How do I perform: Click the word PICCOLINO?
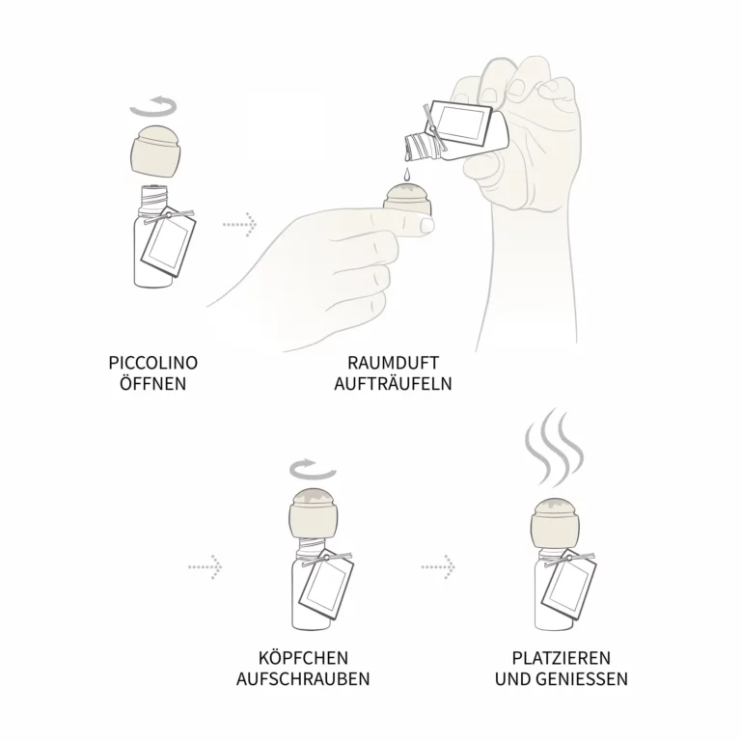coord(153,363)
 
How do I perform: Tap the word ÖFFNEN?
coord(153,383)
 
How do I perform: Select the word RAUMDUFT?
coord(394,363)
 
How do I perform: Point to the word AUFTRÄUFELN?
coord(394,383)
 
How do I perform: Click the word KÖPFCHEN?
coord(303,658)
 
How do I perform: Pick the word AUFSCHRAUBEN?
coord(303,679)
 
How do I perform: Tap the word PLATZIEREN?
coord(562,658)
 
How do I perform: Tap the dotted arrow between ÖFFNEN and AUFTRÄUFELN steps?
coord(239,223)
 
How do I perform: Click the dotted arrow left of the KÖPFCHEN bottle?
coord(206,566)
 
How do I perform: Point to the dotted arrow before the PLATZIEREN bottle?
coord(438,566)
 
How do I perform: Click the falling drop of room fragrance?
coord(406,175)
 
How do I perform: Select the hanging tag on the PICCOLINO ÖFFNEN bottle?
coord(168,241)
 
